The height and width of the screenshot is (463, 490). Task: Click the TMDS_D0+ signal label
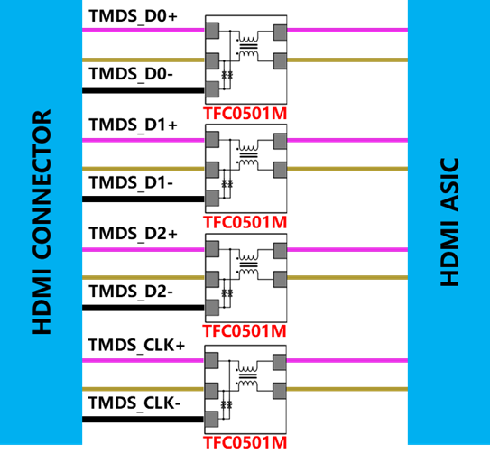tap(134, 16)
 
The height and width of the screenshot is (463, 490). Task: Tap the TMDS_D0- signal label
tap(131, 74)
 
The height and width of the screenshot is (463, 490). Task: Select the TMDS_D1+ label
tap(134, 125)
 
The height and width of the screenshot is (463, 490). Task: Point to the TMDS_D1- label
tap(131, 182)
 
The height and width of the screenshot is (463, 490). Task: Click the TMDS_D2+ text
tap(134, 234)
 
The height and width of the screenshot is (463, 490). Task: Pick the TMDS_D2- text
tap(131, 292)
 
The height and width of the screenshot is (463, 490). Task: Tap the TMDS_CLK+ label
tap(136, 346)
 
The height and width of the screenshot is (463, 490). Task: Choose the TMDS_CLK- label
tap(134, 403)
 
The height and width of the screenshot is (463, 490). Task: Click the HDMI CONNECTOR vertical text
tap(42, 222)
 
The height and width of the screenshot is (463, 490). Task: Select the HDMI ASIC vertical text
tap(449, 222)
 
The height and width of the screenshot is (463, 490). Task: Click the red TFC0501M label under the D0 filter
tap(245, 114)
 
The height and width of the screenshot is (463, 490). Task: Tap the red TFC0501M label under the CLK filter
tap(245, 442)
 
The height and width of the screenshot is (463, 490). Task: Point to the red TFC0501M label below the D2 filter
tap(245, 331)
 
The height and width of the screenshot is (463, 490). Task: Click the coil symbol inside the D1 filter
tap(248, 154)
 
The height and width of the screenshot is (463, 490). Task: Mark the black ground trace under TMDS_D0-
tap(143, 90)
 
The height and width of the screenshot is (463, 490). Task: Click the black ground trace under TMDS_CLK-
tap(143, 420)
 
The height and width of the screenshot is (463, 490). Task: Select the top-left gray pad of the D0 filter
tap(212, 31)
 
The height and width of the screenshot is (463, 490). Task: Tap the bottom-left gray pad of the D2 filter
tap(212, 308)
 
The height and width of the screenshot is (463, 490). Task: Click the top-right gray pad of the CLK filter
tap(280, 362)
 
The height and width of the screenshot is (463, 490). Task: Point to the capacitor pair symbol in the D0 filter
tap(227, 75)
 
